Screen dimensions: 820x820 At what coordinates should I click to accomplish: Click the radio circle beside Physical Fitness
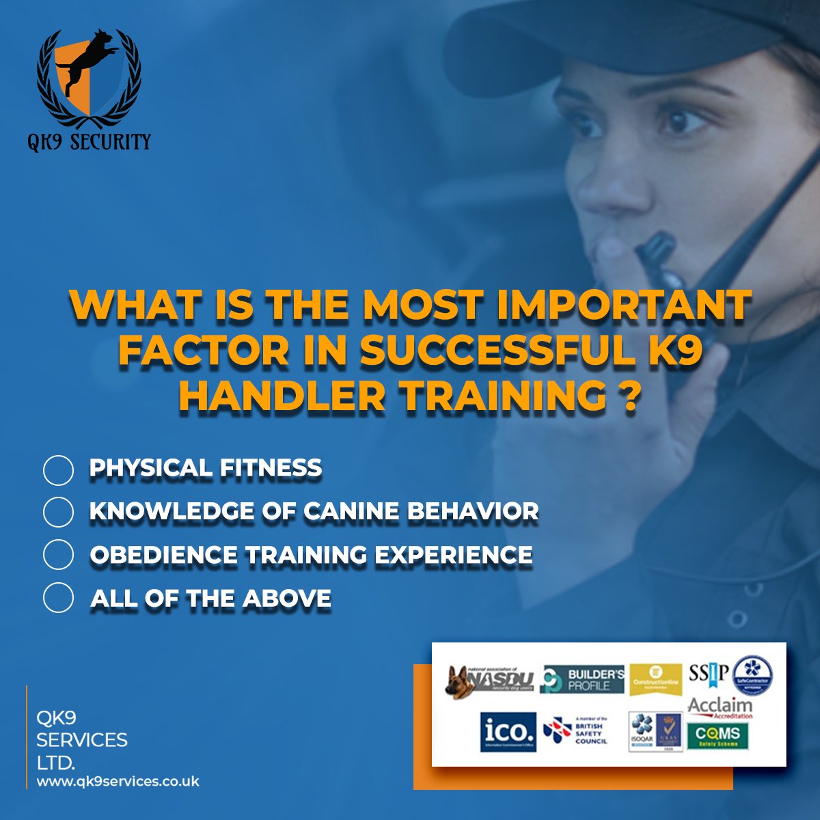[58, 470]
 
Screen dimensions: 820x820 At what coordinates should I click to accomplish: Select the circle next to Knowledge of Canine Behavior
[58, 512]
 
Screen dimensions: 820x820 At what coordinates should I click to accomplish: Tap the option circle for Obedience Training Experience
[58, 554]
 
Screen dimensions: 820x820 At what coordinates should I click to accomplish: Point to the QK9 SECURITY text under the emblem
[89, 141]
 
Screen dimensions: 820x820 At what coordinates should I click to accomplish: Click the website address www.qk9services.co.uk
[118, 781]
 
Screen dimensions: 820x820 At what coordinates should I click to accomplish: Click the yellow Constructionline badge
[655, 679]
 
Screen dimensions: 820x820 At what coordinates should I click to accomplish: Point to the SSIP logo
[709, 673]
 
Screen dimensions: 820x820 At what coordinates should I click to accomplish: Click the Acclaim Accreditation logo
[720, 707]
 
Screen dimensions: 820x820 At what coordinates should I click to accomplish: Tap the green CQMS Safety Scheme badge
[717, 735]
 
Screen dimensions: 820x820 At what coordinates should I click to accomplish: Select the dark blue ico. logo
[508, 732]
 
